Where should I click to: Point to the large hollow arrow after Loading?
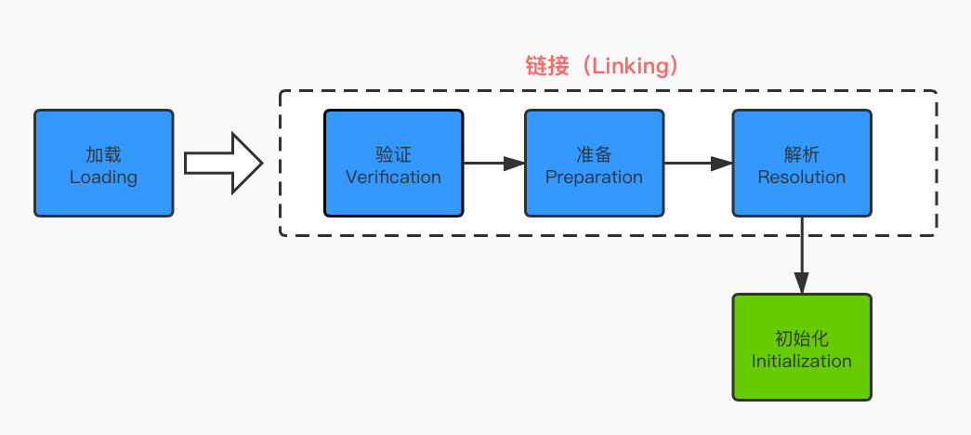[224, 164]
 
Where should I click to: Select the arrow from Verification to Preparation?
[493, 164]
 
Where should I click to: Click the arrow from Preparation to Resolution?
[698, 164]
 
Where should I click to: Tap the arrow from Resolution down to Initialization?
[802, 256]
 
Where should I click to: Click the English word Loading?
[103, 177]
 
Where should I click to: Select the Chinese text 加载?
[103, 154]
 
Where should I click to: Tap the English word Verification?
[393, 177]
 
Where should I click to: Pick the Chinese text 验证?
[393, 154]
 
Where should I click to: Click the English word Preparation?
[594, 177]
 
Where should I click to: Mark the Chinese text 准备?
[594, 154]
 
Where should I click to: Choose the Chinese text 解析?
[801, 154]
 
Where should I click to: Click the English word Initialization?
[801, 361]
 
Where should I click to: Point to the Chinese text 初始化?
[801, 338]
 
